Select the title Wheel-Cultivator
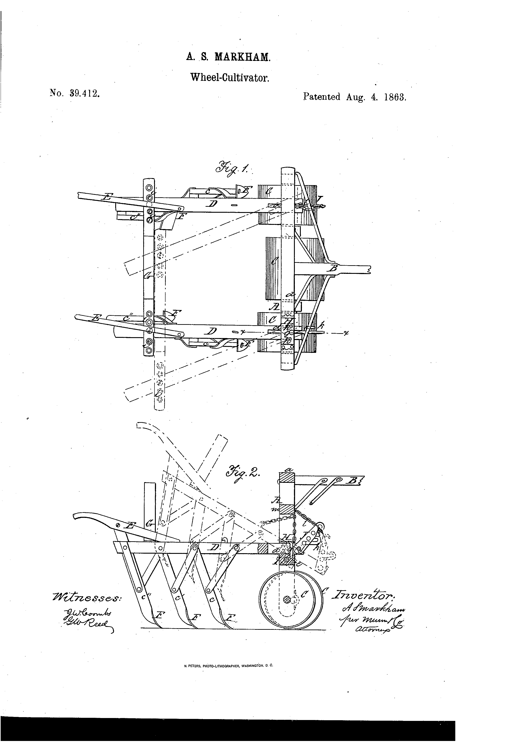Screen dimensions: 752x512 (x=230, y=78)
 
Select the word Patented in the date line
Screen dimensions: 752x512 (x=321, y=97)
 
